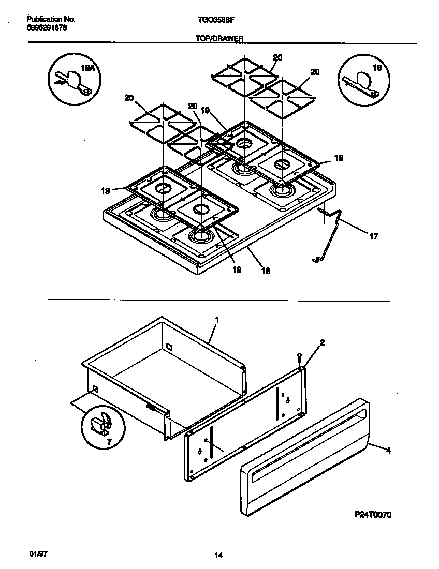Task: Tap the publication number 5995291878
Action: [x=46, y=28]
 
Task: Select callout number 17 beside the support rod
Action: [x=373, y=237]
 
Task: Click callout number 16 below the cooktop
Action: [x=266, y=270]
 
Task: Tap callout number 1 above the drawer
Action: [x=217, y=320]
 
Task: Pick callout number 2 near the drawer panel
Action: [x=322, y=342]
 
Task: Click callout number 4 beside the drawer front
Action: [x=388, y=451]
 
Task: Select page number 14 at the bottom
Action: [x=218, y=556]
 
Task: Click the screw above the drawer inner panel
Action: [x=299, y=356]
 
